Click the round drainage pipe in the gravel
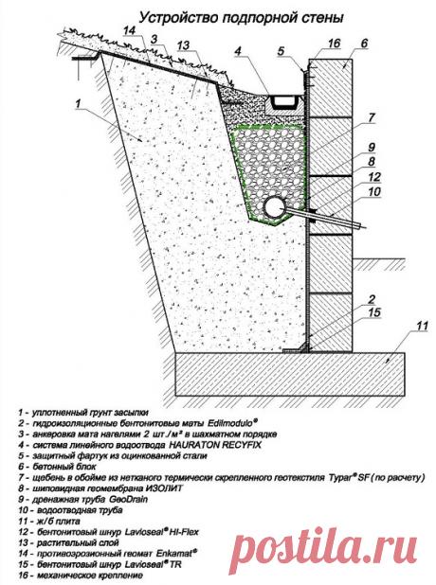(275, 208)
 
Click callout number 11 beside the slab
(422, 326)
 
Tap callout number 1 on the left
(78, 103)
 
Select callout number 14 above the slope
(129, 30)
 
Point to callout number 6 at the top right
(364, 44)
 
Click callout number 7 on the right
(371, 118)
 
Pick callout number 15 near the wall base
(374, 312)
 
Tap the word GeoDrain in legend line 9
(128, 499)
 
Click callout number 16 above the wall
(334, 44)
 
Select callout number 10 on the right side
(374, 191)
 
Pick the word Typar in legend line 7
(340, 477)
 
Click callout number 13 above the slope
(183, 46)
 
